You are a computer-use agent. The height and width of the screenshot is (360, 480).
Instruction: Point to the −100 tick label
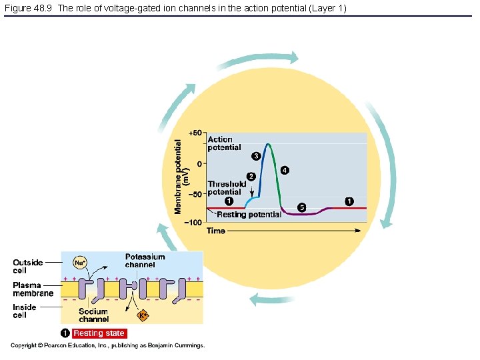click(x=194, y=223)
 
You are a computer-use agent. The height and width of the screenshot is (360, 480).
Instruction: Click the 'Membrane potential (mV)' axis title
click(x=182, y=176)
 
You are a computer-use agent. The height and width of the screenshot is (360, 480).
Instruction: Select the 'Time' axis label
click(x=216, y=231)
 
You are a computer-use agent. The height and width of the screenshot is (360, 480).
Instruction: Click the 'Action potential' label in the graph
click(x=224, y=143)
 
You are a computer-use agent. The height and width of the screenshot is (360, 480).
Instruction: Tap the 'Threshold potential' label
click(x=227, y=188)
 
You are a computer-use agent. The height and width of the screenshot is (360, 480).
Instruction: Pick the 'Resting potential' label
click(x=249, y=215)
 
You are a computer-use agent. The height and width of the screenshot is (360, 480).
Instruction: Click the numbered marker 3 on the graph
click(x=255, y=156)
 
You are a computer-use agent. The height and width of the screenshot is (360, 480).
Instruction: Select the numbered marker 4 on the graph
click(x=285, y=170)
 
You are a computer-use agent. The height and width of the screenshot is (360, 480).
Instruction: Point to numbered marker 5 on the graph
click(x=301, y=207)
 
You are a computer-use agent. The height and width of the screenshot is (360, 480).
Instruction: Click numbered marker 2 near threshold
click(x=251, y=176)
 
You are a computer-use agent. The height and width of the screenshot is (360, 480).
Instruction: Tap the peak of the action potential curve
click(x=268, y=144)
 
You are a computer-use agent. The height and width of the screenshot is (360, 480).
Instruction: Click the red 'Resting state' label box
click(x=99, y=333)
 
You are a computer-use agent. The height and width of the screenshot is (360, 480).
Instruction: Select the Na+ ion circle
click(x=80, y=263)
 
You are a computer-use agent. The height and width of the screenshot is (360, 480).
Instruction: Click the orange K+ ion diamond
click(x=142, y=315)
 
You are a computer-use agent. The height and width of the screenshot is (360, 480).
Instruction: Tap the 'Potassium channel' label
click(x=145, y=261)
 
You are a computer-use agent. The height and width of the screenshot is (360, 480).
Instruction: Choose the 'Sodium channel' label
click(x=94, y=315)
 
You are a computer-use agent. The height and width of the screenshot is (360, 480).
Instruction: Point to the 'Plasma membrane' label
click(x=33, y=289)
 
